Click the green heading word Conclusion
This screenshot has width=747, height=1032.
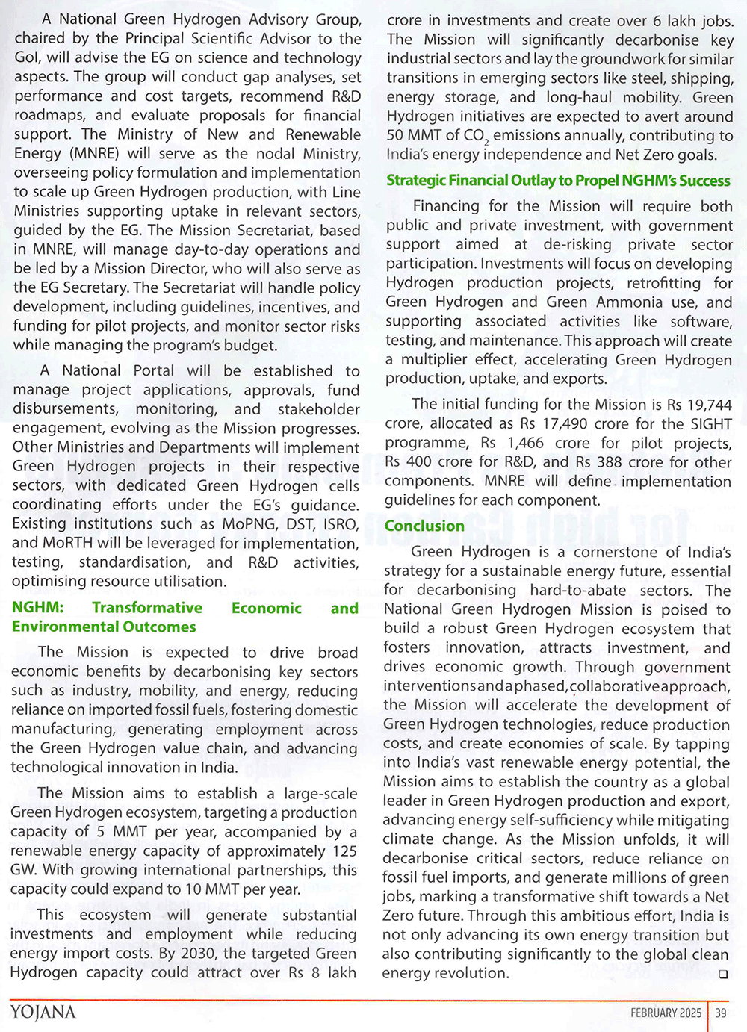(424, 526)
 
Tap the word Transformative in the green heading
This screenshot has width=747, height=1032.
(147, 608)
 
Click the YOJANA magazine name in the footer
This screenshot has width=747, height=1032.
(43, 1013)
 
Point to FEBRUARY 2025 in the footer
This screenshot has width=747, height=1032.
(666, 1013)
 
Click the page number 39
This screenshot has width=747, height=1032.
(721, 1013)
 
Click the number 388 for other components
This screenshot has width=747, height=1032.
(610, 462)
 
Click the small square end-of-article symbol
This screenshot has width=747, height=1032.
(722, 975)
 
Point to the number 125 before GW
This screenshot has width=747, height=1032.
(344, 851)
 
